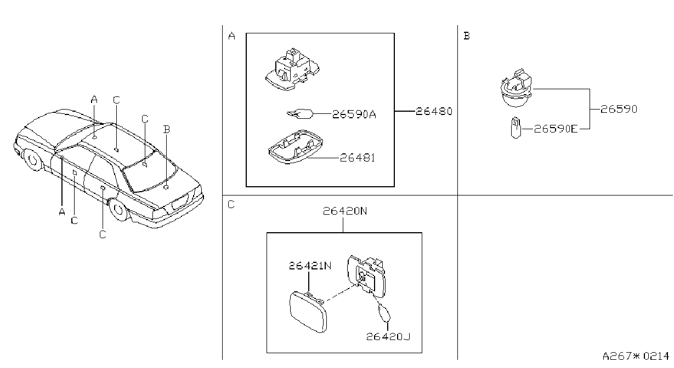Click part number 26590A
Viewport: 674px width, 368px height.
pyautogui.click(x=354, y=114)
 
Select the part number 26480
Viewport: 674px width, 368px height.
pyautogui.click(x=434, y=112)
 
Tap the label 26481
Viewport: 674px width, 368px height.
pyautogui.click(x=358, y=158)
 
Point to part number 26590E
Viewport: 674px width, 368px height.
pyautogui.click(x=556, y=129)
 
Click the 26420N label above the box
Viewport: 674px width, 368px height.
pyautogui.click(x=345, y=211)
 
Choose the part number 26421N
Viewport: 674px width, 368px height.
pyautogui.click(x=310, y=266)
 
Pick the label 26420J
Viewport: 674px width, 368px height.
pyautogui.click(x=388, y=336)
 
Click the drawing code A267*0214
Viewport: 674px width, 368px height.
pyautogui.click(x=636, y=356)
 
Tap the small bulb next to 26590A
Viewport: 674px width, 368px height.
pyautogui.click(x=300, y=114)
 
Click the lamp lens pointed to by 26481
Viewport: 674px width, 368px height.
pyautogui.click(x=296, y=147)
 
